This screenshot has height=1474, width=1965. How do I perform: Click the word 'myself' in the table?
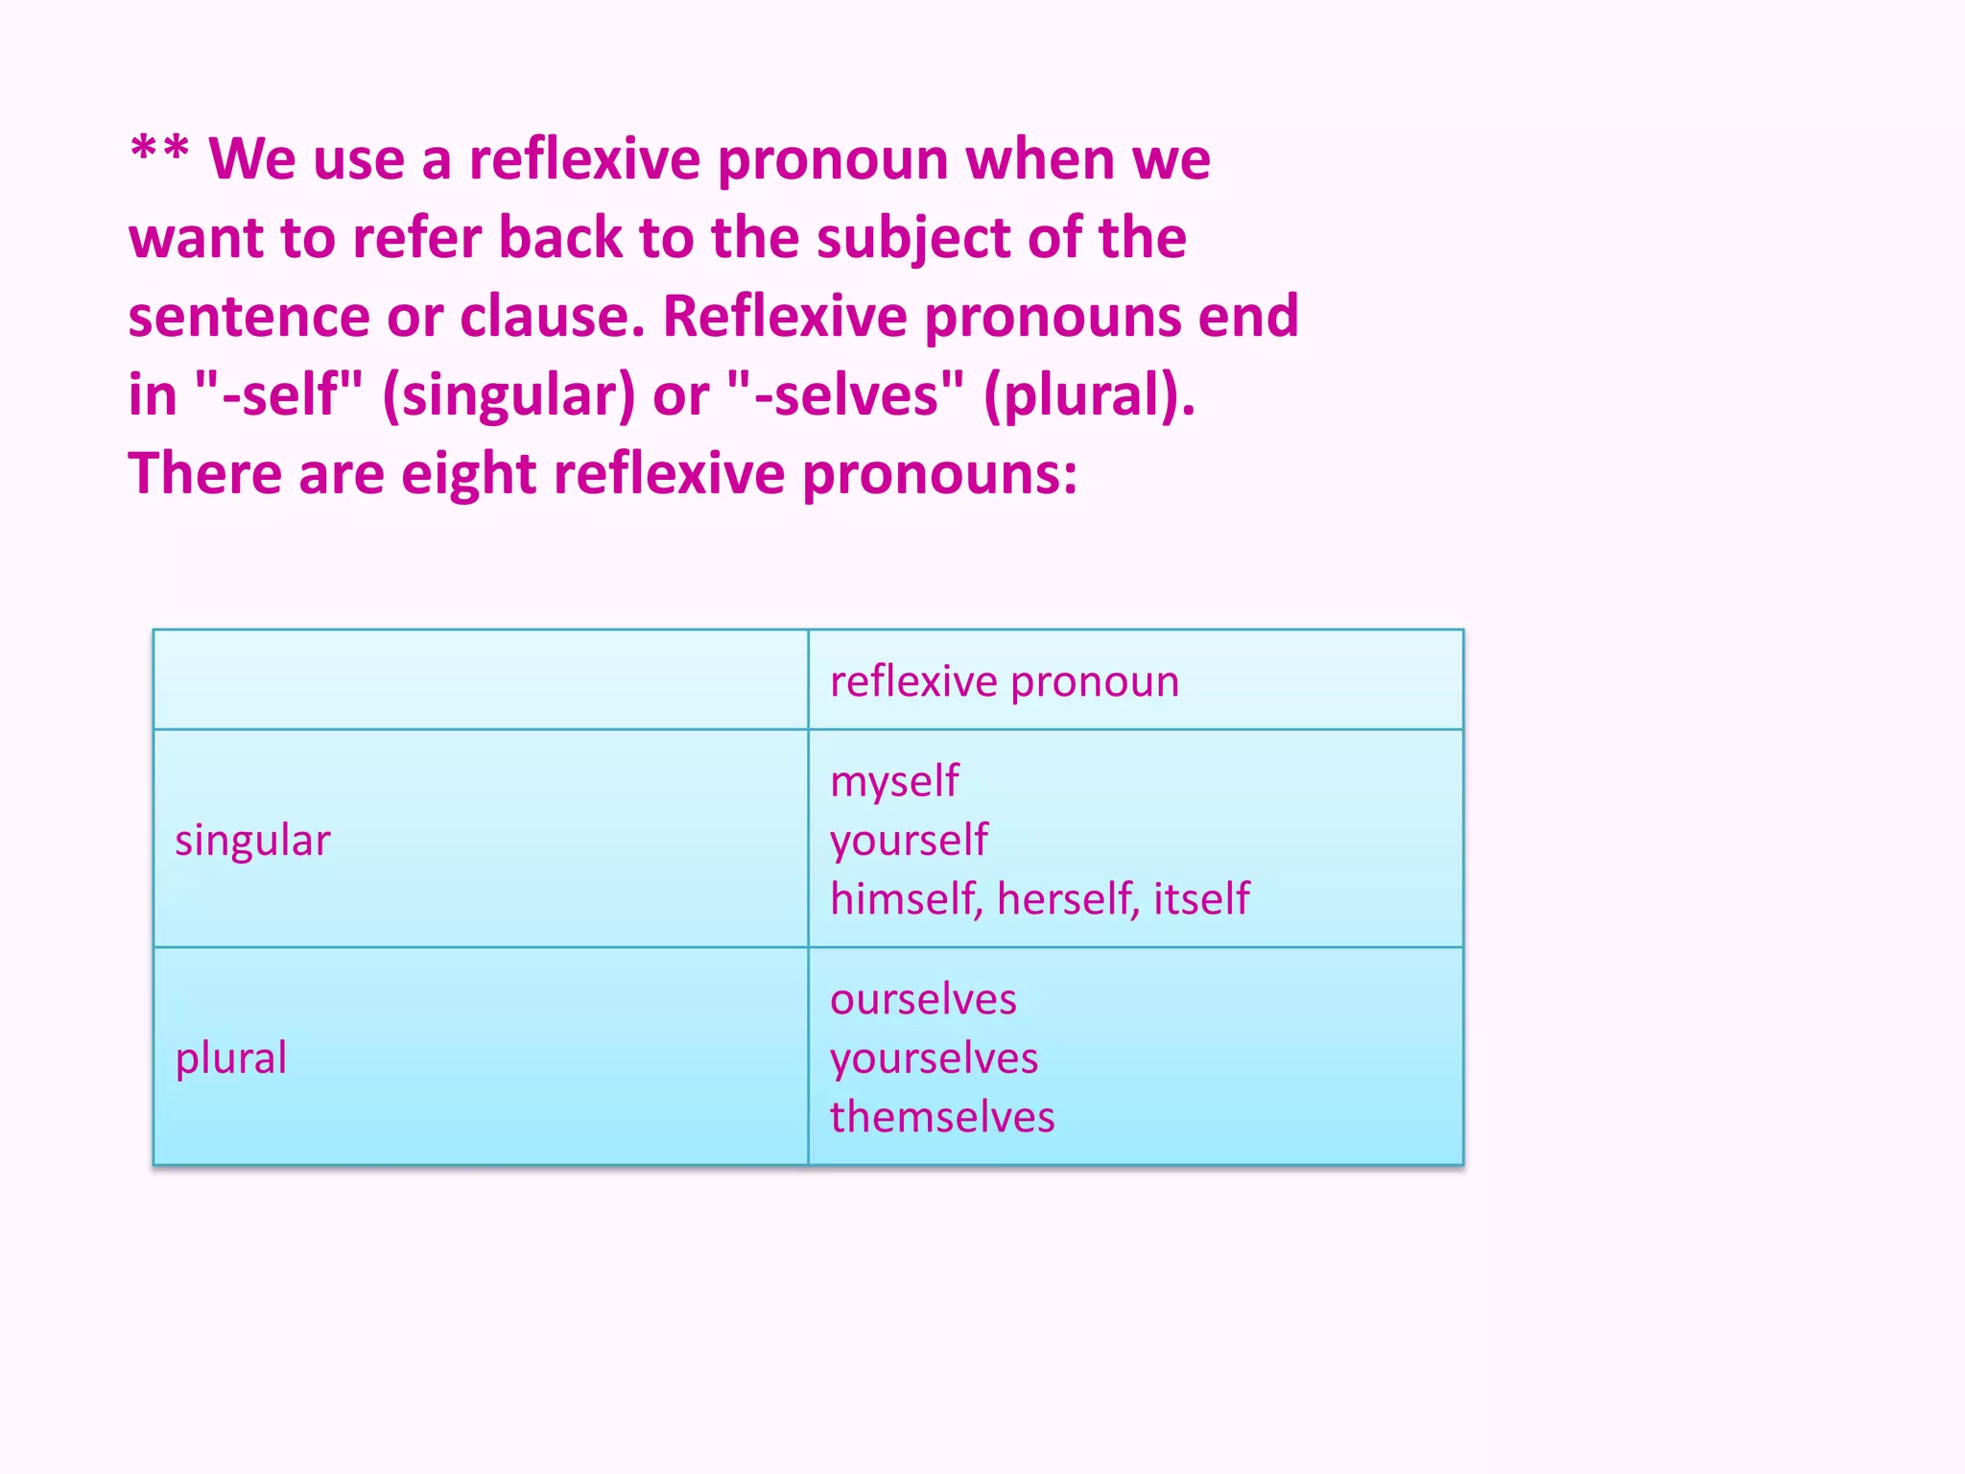click(894, 782)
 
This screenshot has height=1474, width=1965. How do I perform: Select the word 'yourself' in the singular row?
click(909, 841)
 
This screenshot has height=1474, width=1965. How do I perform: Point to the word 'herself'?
click(1068, 899)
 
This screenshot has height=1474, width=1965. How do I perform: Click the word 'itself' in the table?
click(1201, 899)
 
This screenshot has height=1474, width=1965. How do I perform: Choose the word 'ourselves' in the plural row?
click(923, 1000)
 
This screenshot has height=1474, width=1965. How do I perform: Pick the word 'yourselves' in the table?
click(934, 1058)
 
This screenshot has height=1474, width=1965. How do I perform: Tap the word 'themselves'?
click(942, 1118)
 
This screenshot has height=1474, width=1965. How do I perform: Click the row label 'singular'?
click(252, 841)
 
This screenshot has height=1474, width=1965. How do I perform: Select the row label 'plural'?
click(230, 1058)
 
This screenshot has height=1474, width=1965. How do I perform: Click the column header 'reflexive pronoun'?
click(1004, 682)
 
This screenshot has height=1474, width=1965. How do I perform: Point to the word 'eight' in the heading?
click(468, 474)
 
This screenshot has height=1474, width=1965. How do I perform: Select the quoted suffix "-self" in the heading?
click(278, 394)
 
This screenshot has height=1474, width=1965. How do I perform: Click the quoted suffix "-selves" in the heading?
click(845, 394)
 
